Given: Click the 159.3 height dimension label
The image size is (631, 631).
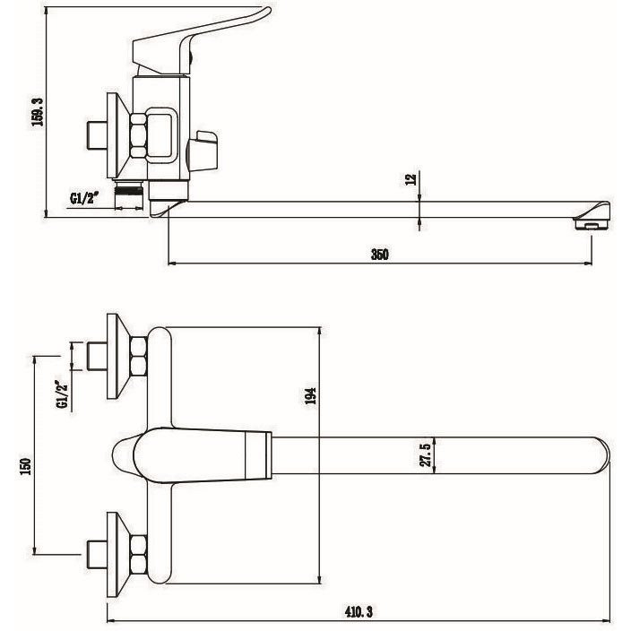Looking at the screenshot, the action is [38, 112].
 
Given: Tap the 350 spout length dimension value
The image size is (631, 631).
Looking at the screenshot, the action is [379, 255].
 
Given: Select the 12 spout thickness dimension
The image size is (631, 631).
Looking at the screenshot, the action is [411, 179].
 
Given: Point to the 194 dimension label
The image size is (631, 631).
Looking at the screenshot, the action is [310, 396].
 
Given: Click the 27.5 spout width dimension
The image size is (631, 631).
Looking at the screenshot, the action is [426, 454].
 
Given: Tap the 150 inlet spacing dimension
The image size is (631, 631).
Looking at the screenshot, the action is [25, 466].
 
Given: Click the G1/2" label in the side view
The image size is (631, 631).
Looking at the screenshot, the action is [84, 198].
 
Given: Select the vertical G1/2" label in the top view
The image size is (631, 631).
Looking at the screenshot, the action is [63, 394].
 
